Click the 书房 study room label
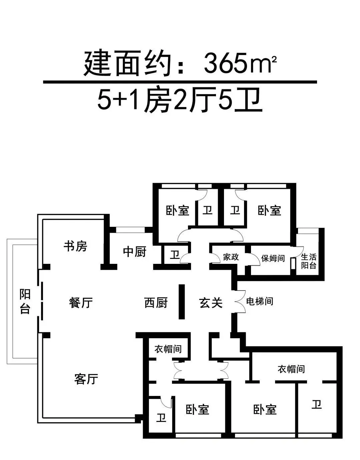click(75, 246)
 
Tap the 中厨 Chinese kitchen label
click(135, 252)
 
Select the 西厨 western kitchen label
click(156, 303)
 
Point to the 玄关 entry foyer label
click(211, 303)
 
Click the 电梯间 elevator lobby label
click(260, 301)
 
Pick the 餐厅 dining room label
click(81, 303)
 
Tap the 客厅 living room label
click(86, 379)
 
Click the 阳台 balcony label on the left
click(25, 302)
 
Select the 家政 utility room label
click(231, 257)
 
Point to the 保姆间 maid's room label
click(273, 258)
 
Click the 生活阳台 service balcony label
click(309, 261)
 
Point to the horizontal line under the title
click(180, 82)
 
